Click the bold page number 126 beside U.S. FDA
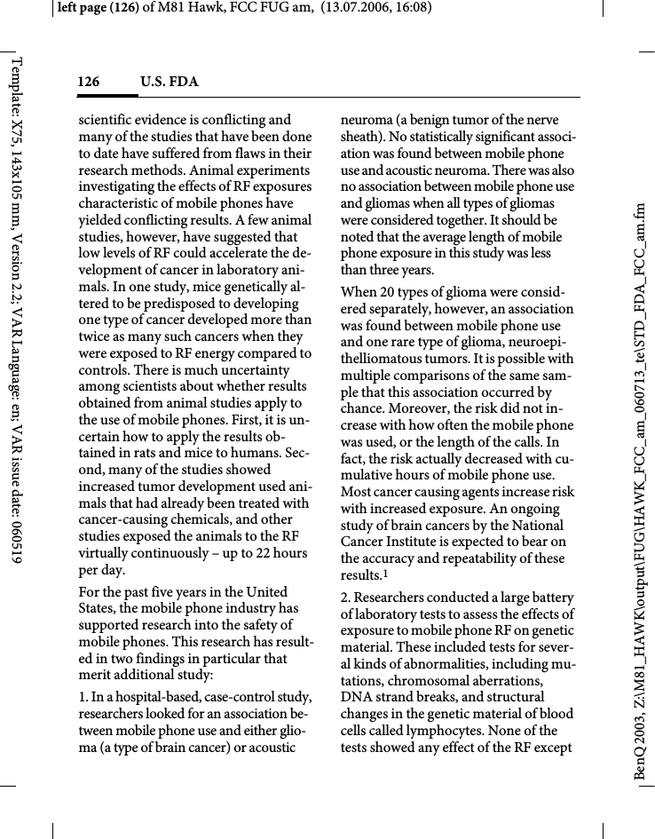tap(88, 83)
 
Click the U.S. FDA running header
tap(169, 83)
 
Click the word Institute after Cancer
tap(417, 542)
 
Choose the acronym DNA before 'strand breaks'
tap(355, 697)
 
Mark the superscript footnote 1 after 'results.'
tap(384, 574)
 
